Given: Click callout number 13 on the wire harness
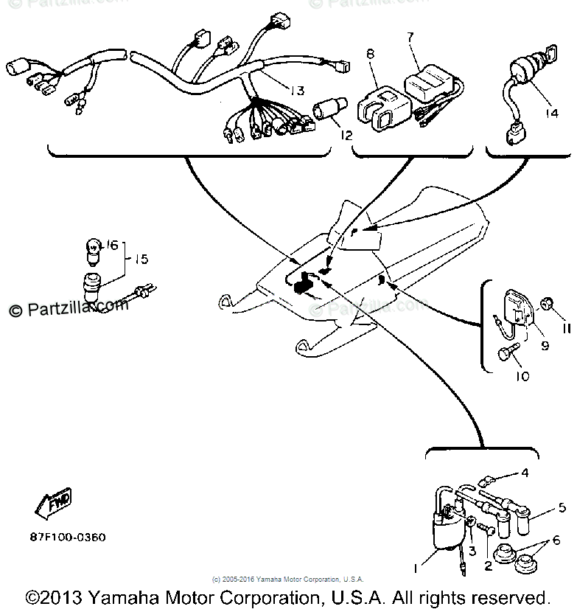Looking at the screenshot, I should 296,91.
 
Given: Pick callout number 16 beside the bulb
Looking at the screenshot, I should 112,245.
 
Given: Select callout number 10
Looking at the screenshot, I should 522,376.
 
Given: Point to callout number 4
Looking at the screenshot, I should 524,473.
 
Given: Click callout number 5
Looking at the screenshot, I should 562,507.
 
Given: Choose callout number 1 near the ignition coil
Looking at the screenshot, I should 417,568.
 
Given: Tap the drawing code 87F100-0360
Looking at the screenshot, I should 68,538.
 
